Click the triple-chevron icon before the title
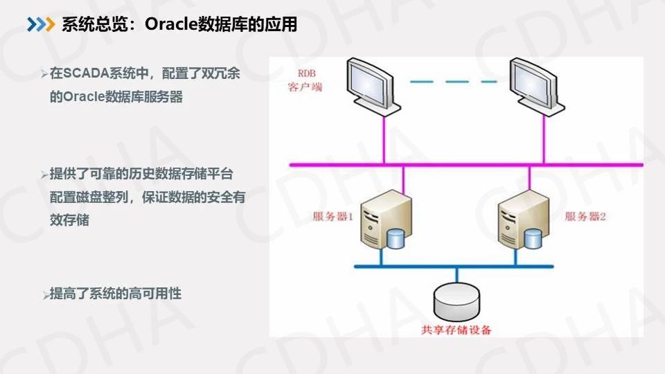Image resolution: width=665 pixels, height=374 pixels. tap(40, 25)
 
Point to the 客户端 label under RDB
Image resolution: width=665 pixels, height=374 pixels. tap(305, 88)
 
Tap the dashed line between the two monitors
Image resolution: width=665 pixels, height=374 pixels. tap(453, 81)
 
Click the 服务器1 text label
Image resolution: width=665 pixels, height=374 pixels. tap(333, 217)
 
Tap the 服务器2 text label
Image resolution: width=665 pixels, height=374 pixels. tap(585, 217)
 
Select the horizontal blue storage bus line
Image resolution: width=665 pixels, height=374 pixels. tap(453, 267)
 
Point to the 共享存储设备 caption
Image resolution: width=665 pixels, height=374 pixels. tap(456, 330)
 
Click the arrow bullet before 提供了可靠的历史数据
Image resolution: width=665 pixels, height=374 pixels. tap(44, 174)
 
